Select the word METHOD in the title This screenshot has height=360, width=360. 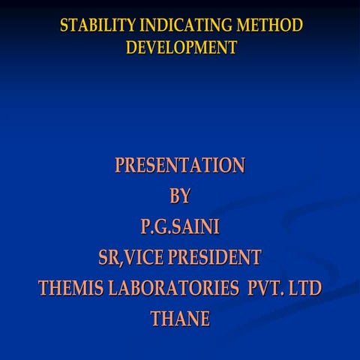click(x=270, y=25)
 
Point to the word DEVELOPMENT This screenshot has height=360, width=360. click(x=181, y=48)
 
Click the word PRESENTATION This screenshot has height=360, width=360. click(x=180, y=165)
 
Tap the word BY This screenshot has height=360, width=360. click(x=180, y=196)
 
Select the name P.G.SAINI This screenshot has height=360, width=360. click(x=180, y=226)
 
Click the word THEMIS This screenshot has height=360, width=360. click(x=70, y=289)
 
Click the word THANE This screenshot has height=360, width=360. click(x=180, y=319)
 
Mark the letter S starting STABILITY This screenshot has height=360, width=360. click(x=64, y=25)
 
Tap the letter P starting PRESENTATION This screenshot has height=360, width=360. click(x=120, y=165)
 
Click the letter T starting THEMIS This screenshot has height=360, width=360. click(x=44, y=289)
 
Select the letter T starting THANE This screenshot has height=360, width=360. click(x=156, y=319)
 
